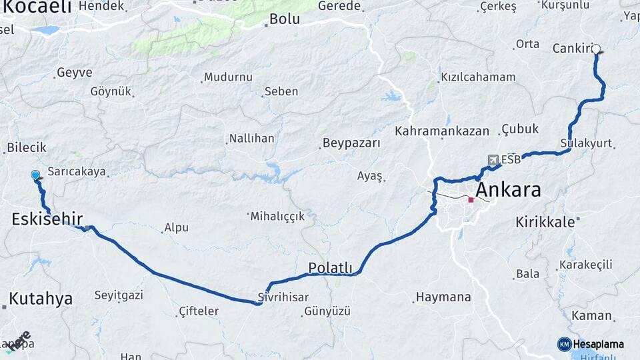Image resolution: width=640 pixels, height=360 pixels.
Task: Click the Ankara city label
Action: point(507,190)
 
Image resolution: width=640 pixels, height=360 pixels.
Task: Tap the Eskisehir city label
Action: point(47,219)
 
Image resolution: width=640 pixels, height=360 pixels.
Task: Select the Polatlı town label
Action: point(330,268)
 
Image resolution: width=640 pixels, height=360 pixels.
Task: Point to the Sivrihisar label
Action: point(283,297)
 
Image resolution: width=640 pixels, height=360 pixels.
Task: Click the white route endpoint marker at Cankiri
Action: point(596,49)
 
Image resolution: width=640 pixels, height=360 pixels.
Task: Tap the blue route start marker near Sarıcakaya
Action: point(35,175)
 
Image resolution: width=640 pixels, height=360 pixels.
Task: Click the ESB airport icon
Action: point(493,160)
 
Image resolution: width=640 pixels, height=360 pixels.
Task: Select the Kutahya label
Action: point(41,299)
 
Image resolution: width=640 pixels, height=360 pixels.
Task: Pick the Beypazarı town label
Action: point(351,143)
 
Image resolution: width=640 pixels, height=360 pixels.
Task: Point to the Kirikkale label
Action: point(545,222)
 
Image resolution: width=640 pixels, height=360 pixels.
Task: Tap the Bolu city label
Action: point(284,19)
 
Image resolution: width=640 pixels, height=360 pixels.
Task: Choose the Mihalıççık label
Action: point(277,216)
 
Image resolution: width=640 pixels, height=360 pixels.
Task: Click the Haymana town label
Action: point(443,297)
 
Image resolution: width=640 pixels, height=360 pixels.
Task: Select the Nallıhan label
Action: point(251,139)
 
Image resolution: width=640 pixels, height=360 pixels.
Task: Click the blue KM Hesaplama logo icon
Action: point(565,344)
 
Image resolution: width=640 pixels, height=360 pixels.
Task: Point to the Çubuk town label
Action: point(520,129)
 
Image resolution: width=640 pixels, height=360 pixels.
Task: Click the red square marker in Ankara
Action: point(471,199)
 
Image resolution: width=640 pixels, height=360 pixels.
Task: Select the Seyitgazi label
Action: point(119,295)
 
